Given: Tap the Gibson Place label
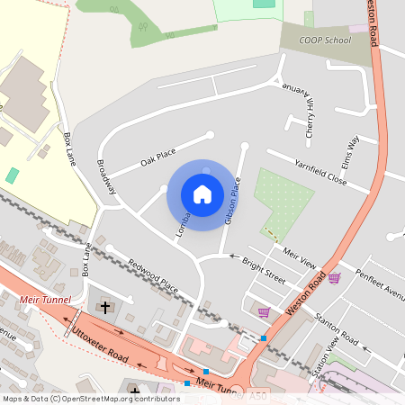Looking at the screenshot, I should point(233,200).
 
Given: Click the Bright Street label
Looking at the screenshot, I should point(264,269).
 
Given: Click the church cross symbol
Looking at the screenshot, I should point(105,308).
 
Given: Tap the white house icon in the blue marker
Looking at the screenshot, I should point(202,194).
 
